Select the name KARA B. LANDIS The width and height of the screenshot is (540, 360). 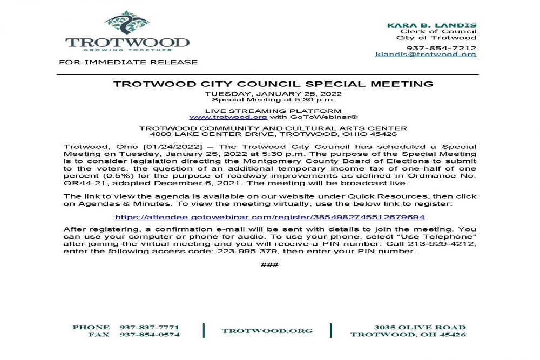[x=432, y=25]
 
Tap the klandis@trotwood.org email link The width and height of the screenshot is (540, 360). [x=426, y=54]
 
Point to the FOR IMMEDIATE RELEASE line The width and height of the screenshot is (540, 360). [x=128, y=62]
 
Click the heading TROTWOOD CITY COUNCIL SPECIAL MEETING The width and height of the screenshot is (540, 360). [x=273, y=84]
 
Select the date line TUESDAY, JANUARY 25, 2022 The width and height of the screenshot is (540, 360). [x=273, y=94]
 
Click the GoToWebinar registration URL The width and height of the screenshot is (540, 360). [x=270, y=217]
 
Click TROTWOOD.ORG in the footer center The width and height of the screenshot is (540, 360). [x=267, y=331]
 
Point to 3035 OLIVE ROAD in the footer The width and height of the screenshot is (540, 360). [x=420, y=328]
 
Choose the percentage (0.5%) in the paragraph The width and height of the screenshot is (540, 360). [x=114, y=176]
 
